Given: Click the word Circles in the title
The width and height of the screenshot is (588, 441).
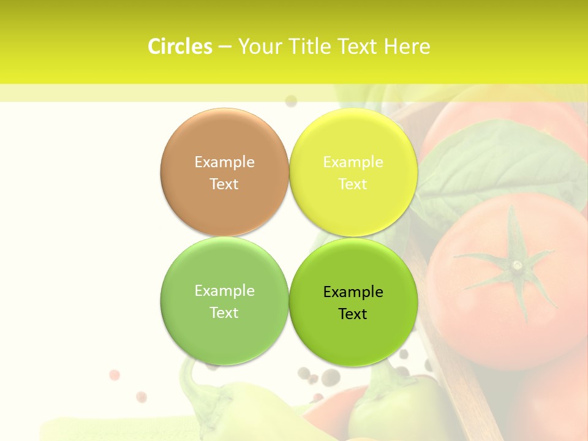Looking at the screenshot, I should [x=179, y=47].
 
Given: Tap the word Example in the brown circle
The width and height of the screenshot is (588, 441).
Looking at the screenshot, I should [x=224, y=162].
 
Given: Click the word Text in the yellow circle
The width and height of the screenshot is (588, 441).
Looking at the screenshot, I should [x=353, y=184].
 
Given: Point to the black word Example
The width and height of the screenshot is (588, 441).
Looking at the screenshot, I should [x=353, y=292].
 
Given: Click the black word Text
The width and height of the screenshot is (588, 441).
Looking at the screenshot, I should [x=353, y=314].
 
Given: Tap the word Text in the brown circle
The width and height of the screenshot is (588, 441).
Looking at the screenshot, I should [x=224, y=184].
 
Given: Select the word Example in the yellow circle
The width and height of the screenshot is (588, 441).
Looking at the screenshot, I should [x=353, y=162].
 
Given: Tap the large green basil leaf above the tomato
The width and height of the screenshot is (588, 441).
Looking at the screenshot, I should [x=496, y=162].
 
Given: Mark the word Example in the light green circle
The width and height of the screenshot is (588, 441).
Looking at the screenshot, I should [x=224, y=290].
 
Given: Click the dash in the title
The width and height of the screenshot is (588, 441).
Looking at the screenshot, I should [x=225, y=47].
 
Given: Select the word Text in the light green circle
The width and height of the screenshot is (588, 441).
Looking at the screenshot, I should [x=224, y=312].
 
